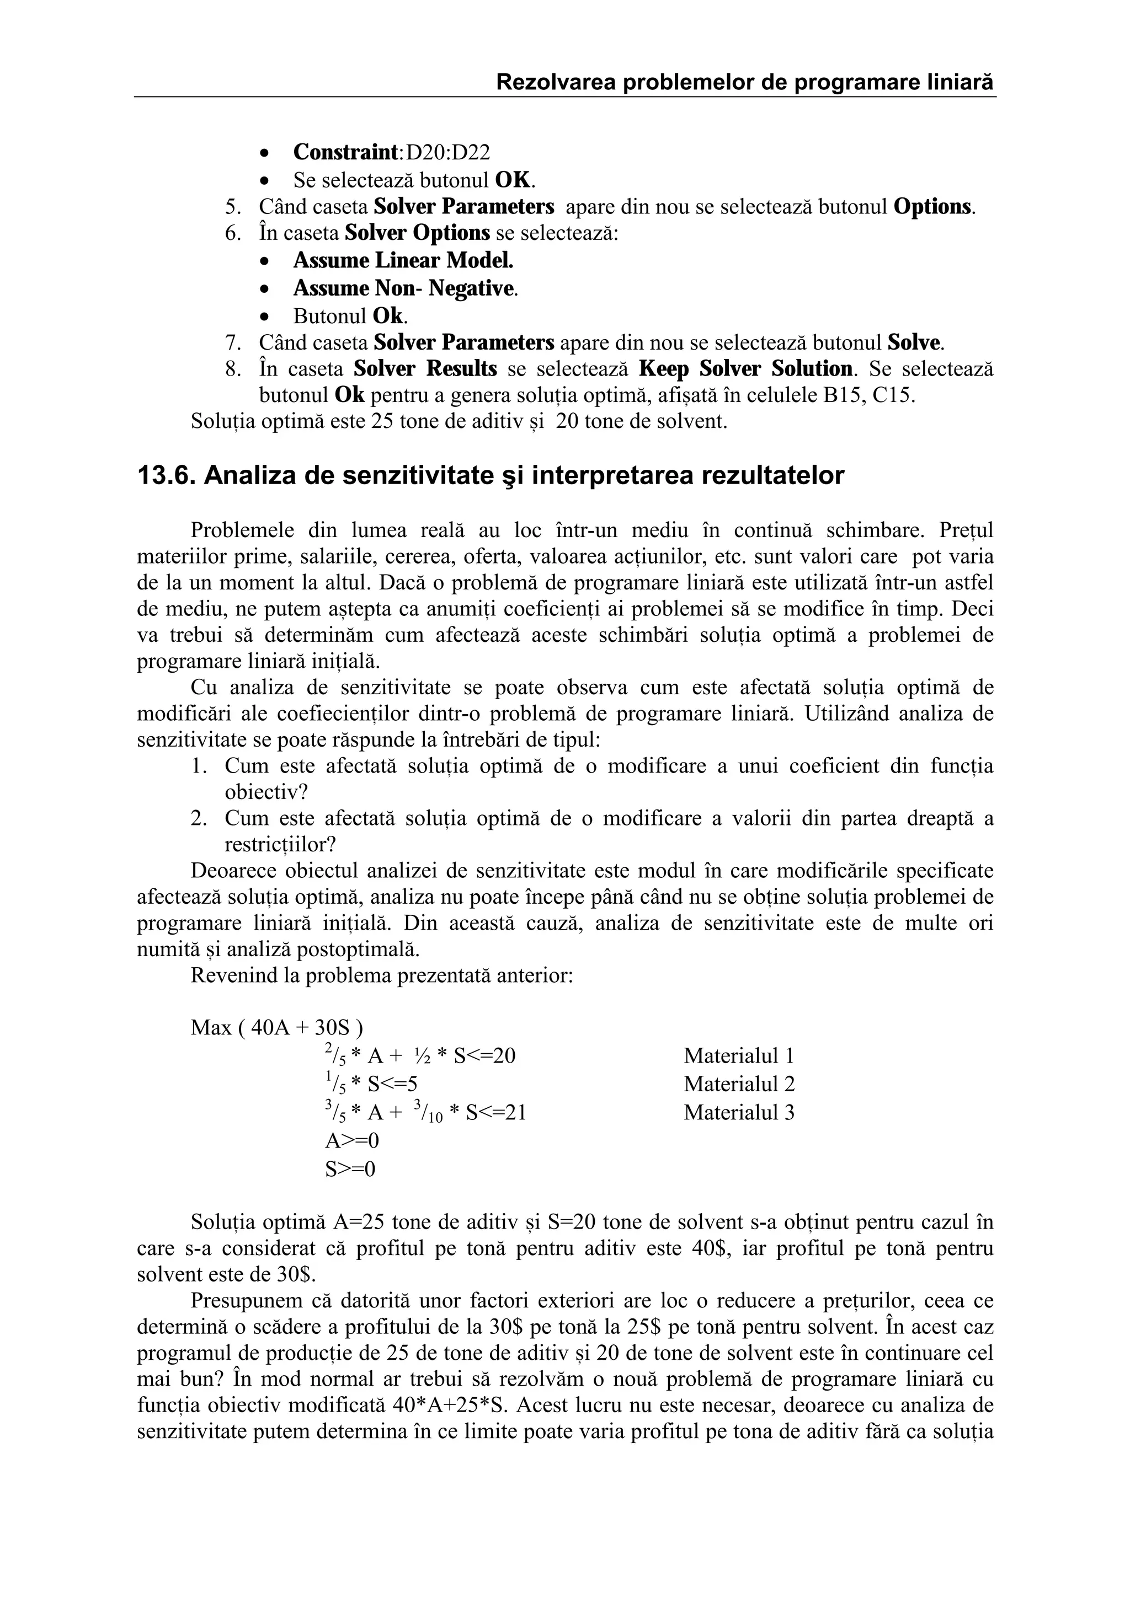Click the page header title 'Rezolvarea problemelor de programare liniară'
click(744, 83)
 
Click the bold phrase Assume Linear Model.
click(403, 260)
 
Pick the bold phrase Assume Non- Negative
click(404, 288)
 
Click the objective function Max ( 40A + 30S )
click(276, 1027)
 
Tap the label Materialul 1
click(739, 1056)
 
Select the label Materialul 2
click(739, 1084)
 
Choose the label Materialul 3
click(739, 1112)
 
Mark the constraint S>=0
click(350, 1168)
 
